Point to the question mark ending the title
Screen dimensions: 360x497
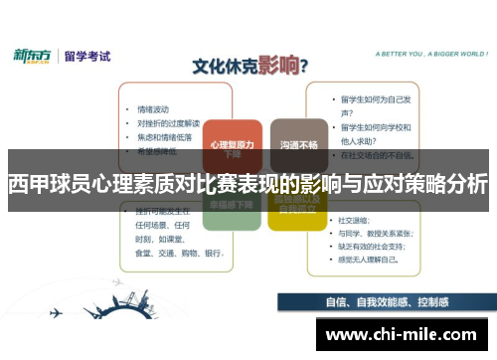[304, 67]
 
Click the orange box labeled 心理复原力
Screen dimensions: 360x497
[232, 146]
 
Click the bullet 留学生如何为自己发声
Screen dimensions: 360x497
[376, 100]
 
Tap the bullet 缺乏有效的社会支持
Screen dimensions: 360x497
[377, 246]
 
